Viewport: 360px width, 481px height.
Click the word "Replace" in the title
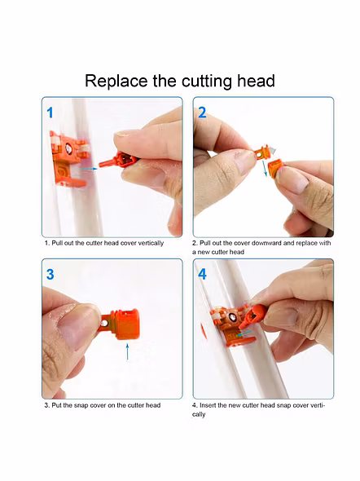coord(116,82)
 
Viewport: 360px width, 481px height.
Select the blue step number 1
coord(50,113)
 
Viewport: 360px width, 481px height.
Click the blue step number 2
coord(202,113)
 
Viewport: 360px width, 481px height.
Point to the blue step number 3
coord(50,274)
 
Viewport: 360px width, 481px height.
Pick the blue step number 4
coord(202,274)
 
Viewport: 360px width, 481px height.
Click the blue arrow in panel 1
coord(89,169)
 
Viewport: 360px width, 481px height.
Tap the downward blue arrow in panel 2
coord(265,168)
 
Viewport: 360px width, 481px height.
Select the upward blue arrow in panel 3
coord(127,351)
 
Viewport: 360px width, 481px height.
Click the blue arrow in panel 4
coord(244,333)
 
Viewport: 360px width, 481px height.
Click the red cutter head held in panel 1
coord(119,160)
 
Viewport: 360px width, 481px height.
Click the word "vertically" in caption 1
coord(151,243)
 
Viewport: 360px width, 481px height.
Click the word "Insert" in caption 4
coord(208,405)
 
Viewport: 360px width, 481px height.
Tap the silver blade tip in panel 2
coord(273,150)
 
